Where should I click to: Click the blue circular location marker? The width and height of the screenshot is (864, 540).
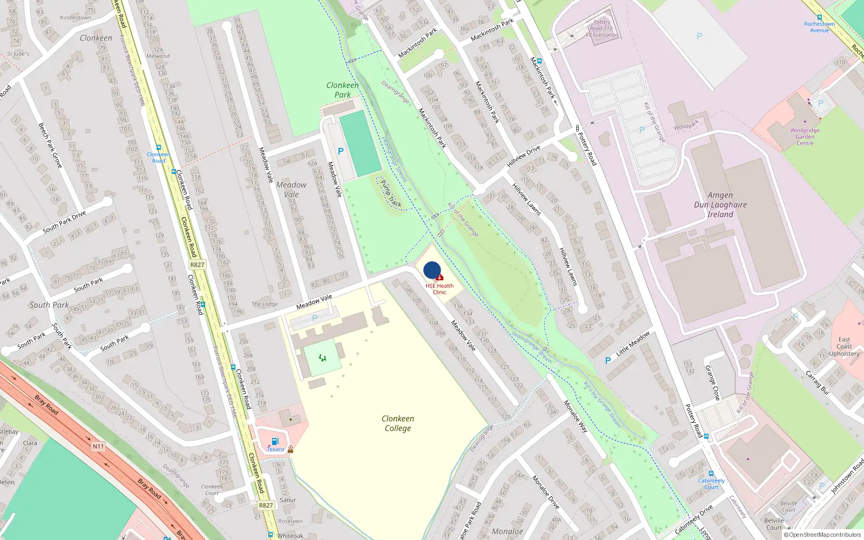pos(432,270)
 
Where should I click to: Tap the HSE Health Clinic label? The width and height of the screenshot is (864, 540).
pos(440,289)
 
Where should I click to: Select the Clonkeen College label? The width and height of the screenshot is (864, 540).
pos(398,423)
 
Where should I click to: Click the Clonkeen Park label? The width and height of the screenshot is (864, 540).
pos(342,90)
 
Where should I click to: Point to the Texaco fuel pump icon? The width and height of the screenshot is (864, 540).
pos(275,442)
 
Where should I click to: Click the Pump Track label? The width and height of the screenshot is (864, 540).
pos(390,193)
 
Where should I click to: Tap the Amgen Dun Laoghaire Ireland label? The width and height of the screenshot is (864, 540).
pos(720,205)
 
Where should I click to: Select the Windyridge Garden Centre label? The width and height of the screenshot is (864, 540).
pos(805,137)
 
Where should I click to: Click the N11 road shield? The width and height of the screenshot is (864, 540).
pos(98,446)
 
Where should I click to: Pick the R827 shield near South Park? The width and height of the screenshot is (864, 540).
pos(197,265)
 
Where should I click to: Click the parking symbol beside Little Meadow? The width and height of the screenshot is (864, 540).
pos(608,361)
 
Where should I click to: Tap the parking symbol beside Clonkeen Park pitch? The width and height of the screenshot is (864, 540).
pos(340,152)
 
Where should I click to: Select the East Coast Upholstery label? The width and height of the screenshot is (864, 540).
pos(844,347)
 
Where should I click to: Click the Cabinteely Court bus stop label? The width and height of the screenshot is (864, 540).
pos(711,483)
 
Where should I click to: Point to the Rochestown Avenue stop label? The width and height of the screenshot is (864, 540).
pos(819,27)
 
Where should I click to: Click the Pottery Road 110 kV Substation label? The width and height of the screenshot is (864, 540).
pos(602,29)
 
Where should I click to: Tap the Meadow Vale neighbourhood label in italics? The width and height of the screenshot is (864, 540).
pos(291,190)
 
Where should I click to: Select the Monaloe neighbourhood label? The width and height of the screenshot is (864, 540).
pos(507,531)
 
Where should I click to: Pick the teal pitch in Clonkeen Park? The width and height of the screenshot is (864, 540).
pos(360,143)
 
